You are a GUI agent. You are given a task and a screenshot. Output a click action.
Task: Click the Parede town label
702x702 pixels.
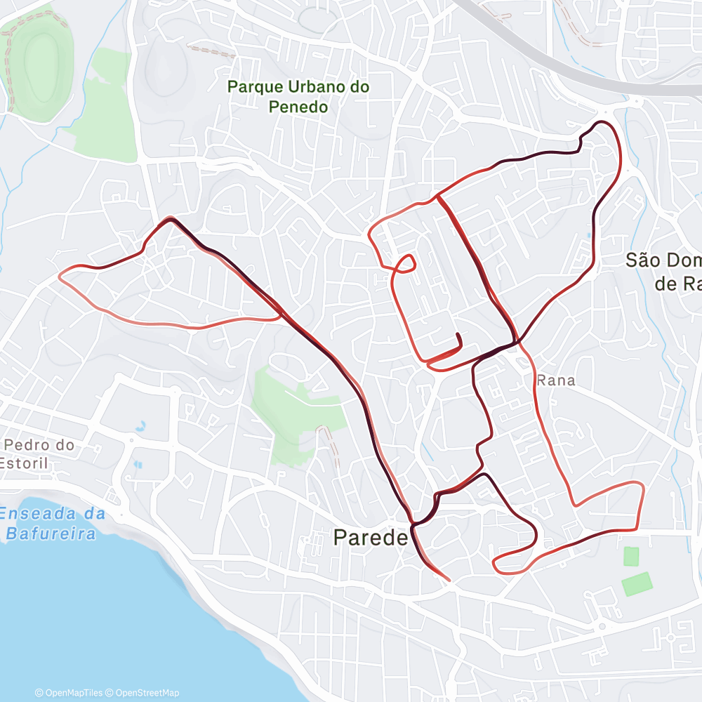tap(370, 538)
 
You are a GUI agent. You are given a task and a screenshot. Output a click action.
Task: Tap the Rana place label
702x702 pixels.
tap(555, 380)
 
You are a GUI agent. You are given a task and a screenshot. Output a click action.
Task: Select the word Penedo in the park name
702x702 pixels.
tap(298, 107)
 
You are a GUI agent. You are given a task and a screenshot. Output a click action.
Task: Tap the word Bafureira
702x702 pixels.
tap(51, 534)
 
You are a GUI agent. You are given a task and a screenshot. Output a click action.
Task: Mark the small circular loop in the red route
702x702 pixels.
tap(405, 263)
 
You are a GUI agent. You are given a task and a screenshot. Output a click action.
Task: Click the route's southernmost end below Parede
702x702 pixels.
tap(449, 580)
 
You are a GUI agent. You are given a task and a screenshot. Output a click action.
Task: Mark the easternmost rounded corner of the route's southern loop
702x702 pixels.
tap(641, 486)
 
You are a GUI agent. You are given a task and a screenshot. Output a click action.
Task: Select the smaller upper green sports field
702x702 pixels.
tap(631, 557)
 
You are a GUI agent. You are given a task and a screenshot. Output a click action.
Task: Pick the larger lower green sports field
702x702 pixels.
tap(637, 583)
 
